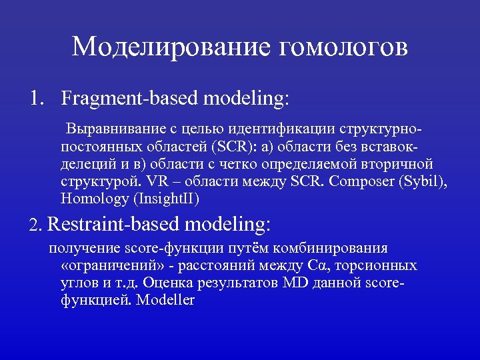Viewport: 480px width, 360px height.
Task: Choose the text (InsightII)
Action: point(166,199)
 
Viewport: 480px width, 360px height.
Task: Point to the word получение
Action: point(84,249)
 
